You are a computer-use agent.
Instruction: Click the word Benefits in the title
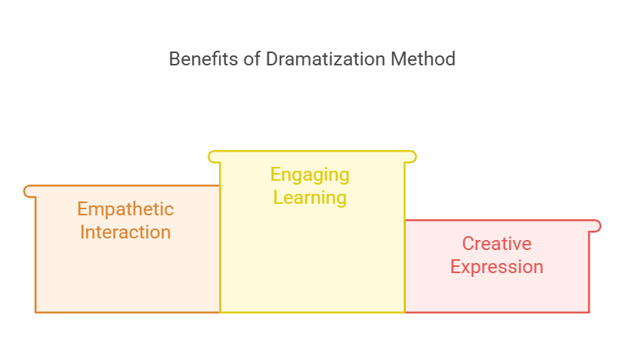204,59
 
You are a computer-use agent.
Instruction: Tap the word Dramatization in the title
326,59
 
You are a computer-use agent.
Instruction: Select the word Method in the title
423,59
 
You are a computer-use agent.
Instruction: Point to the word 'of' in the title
252,59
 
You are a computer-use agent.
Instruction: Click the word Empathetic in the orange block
125,209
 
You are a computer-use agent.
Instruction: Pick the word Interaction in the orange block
125,232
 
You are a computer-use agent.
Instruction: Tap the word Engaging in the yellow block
310,175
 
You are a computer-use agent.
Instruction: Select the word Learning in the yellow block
310,198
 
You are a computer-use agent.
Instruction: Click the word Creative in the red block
497,244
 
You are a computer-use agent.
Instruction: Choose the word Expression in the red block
497,267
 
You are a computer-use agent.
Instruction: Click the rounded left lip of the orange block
28,192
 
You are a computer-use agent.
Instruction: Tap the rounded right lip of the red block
596,226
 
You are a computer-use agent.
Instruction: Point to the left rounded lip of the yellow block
214,157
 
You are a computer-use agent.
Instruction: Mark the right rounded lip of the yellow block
411,157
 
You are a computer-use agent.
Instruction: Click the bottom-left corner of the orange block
35,312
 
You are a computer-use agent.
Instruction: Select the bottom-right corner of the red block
589,312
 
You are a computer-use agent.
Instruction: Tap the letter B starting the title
175,59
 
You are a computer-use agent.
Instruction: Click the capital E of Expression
455,266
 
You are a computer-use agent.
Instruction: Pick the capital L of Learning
278,198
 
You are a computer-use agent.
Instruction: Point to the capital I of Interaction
82,232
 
